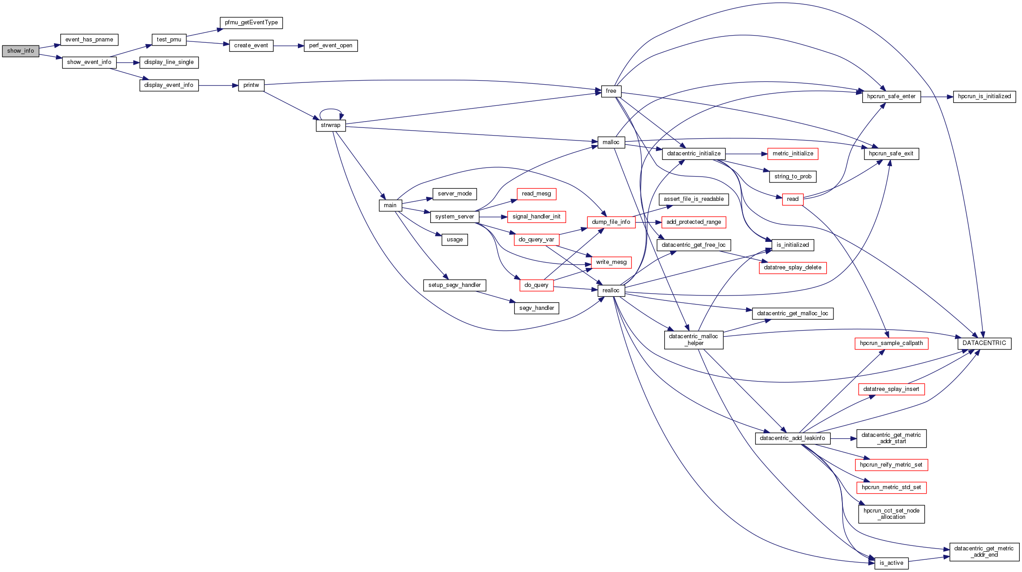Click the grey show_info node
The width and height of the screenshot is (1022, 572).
21,51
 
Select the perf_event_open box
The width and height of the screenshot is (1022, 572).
330,45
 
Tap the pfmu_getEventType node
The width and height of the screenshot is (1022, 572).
251,23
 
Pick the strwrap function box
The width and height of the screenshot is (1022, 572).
331,125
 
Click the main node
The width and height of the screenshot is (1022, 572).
390,205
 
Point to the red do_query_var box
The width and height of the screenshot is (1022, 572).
536,240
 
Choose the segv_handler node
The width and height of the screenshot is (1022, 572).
536,308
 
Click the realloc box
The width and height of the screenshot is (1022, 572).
611,291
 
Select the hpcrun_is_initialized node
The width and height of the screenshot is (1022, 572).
984,96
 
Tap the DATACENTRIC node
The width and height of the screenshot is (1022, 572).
984,343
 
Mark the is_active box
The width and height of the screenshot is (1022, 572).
891,563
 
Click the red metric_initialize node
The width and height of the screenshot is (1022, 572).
792,154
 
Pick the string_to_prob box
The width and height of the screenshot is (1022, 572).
792,177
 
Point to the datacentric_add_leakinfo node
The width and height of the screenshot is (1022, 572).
792,438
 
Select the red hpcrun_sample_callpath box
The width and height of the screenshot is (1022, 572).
891,343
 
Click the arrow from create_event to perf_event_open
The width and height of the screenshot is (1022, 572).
288,45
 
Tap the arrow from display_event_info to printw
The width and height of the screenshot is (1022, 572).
218,85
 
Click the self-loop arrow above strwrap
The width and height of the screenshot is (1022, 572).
331,109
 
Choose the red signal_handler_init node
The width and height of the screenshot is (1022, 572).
536,217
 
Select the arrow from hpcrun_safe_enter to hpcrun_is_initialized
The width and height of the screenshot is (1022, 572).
936,96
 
